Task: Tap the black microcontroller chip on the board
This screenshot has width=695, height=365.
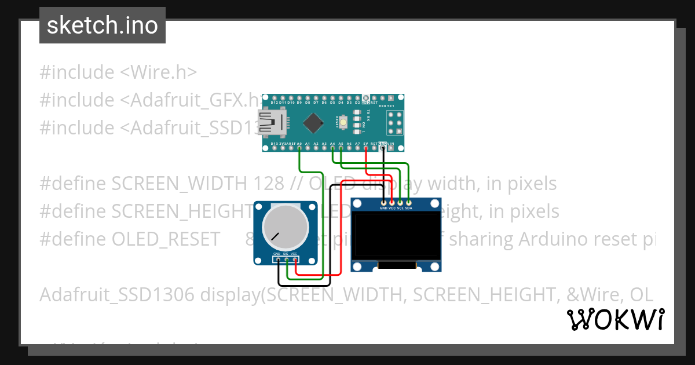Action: coord(313,122)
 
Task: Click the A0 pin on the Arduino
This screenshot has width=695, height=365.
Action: coord(299,149)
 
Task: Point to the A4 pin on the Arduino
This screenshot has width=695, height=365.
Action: coord(332,149)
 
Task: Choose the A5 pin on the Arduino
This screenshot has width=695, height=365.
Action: coord(341,149)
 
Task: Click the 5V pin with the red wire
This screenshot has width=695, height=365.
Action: coord(366,149)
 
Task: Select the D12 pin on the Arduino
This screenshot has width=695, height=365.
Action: coord(274,97)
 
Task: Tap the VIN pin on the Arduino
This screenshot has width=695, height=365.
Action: coord(391,149)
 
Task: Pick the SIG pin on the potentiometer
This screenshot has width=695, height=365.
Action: coord(286,259)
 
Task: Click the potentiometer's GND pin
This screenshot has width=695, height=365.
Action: coord(277,259)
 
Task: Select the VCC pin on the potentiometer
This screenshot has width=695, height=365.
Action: coord(295,259)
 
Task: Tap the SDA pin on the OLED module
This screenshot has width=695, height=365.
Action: coord(408,202)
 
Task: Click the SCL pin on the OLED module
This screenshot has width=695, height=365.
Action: coord(400,202)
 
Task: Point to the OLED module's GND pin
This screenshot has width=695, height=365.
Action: coord(383,202)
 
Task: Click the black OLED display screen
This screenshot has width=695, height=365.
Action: coord(397,235)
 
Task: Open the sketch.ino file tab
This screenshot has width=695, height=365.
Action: coord(103,25)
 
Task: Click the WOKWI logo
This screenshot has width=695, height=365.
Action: coord(615,319)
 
